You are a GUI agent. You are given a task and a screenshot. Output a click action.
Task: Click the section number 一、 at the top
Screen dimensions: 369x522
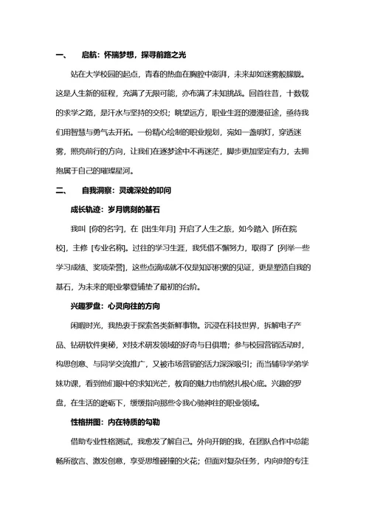61,55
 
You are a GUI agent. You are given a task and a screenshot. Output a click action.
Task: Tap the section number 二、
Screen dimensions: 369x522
61,190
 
